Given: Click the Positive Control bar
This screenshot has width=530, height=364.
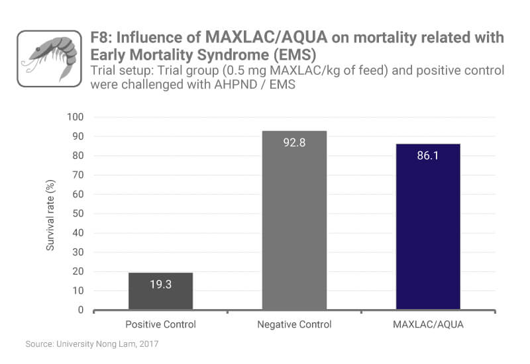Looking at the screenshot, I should point(160,291).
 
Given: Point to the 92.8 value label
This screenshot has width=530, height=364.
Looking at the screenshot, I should point(294,142).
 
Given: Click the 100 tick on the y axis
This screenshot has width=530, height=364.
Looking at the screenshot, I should point(76,117).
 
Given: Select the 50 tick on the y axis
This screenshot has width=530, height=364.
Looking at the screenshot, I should point(78,214).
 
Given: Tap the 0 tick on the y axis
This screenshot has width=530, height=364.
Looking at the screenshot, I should point(81,310).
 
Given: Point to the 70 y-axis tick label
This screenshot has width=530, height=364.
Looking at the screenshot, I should point(78,175).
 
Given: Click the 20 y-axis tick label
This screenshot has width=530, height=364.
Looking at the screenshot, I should point(78,271).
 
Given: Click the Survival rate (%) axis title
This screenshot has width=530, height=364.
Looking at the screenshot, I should point(49,214).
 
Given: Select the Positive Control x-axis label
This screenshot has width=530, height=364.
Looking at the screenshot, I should point(160,324).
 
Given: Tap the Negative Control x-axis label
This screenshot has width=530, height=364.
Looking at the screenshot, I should point(294,324).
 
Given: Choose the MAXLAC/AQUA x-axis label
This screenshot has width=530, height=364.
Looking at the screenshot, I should point(428,324).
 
